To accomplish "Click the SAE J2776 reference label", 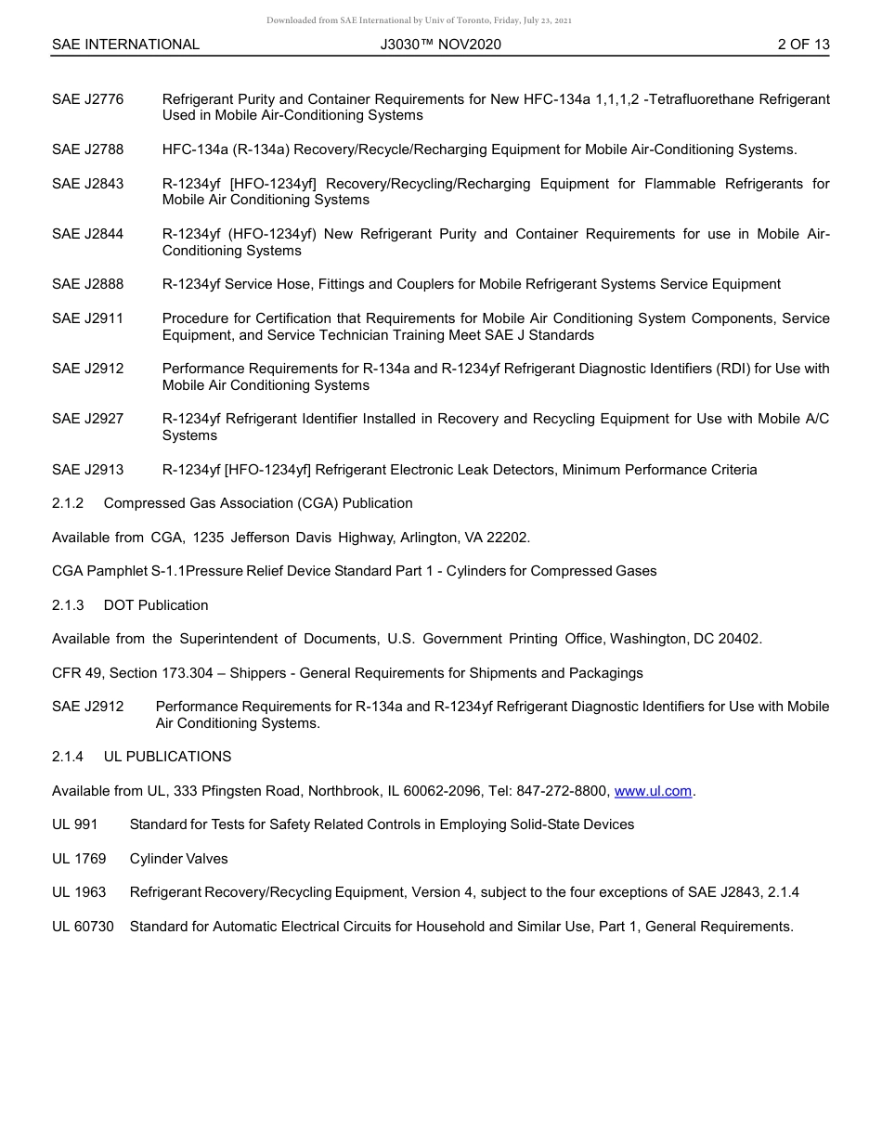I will point(87,99).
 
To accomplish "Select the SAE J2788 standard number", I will point(87,149).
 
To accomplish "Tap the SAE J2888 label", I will point(87,284).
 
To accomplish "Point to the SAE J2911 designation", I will point(87,318).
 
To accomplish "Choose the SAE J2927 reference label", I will point(87,420).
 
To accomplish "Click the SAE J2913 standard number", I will point(87,470).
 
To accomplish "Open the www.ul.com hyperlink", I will point(653,791).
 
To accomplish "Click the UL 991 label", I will point(74,824).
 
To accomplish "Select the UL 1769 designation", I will point(79,859).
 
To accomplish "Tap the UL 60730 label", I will point(83,927).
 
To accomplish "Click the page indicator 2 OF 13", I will point(803,45).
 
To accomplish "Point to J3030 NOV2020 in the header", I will point(440,45).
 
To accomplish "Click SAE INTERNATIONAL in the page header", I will point(125,45).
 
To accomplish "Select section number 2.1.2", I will point(68,503).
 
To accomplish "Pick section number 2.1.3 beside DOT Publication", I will point(68,605).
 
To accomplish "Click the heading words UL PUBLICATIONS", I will point(167,757).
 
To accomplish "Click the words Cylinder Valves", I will point(178,859).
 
